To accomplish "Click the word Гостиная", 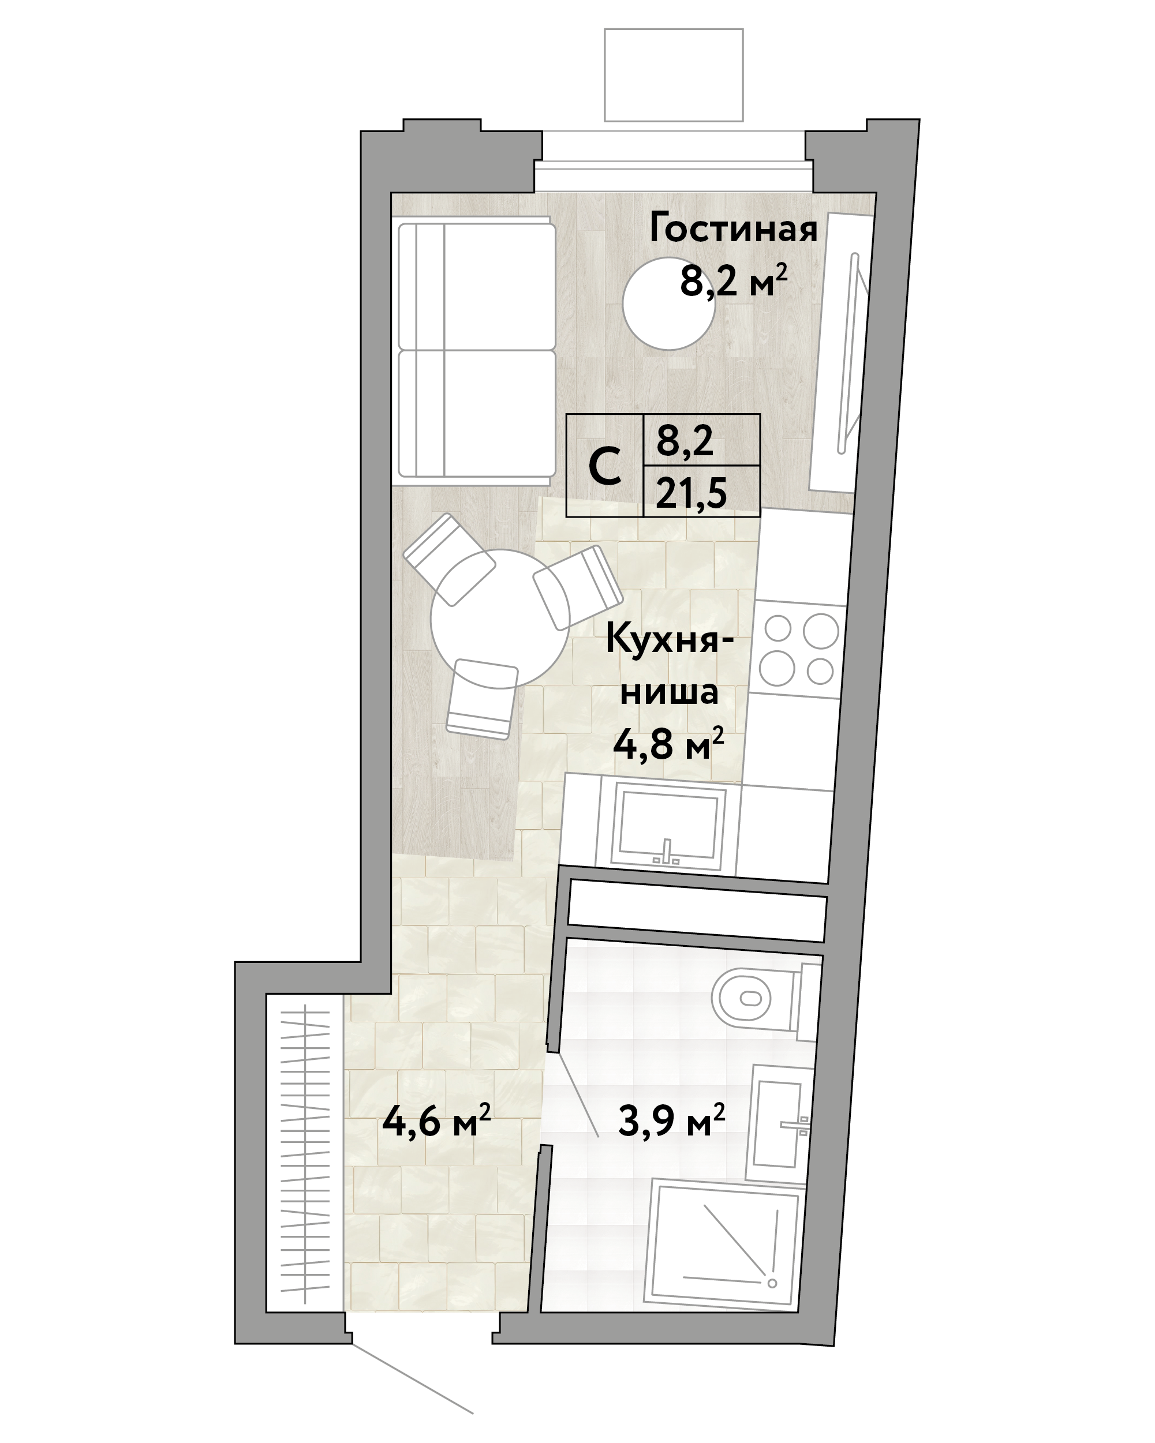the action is click(733, 228).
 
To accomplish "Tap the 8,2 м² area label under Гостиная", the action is click(732, 280).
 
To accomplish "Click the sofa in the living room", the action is click(476, 350).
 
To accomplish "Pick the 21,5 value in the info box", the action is click(691, 494).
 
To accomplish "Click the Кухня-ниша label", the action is click(669, 665).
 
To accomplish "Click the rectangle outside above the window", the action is click(674, 75).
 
